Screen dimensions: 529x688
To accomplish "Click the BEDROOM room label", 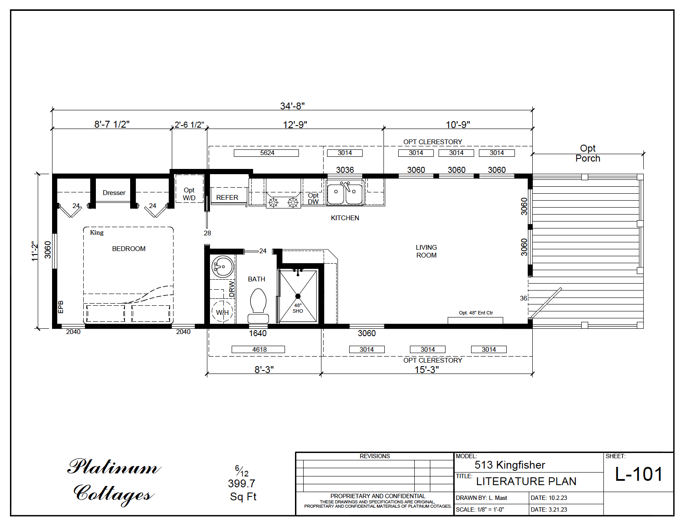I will coord(129,249).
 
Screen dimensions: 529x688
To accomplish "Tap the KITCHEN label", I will coord(345,218).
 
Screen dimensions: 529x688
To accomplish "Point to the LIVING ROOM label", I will coord(426,251).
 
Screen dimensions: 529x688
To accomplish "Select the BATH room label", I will coord(256,279).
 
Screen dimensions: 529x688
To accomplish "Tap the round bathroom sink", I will coord(223,266).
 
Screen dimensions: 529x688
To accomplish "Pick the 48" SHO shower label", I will coord(298,308).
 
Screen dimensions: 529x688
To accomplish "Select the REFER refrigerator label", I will coord(227,198).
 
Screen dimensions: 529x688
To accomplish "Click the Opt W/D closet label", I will coord(189,194).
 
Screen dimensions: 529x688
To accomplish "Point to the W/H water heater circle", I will coord(222,312).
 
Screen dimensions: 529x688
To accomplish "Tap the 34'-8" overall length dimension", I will coord(292,106).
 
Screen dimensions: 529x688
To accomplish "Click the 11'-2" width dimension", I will coord(35,251).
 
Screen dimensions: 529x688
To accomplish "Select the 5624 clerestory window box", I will coord(267,153).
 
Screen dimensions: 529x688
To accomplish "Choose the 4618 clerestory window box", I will coord(259,349).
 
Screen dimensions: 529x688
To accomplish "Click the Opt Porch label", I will coord(588,153).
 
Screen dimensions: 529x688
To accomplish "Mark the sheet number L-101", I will coord(639,474).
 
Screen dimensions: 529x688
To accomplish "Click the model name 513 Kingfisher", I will coord(510,465).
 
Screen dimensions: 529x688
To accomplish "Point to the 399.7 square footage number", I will coord(242,483).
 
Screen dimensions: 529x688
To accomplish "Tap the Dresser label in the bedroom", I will coord(114,193).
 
